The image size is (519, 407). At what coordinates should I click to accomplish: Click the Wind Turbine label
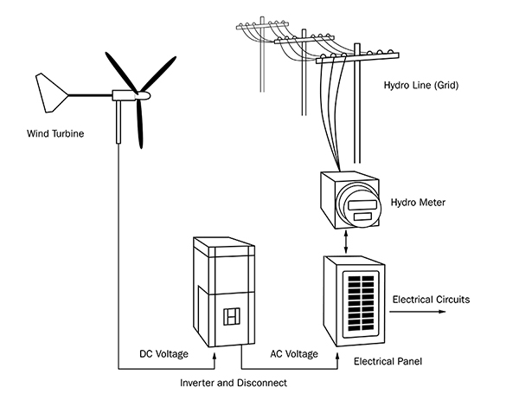coord(55,134)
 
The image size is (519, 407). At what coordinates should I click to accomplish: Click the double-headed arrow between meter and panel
coord(348,239)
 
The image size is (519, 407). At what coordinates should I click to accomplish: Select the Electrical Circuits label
coord(432,300)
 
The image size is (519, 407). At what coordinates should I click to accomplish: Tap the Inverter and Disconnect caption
coord(233,382)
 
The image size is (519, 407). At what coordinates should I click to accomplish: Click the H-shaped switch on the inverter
coord(230,317)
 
